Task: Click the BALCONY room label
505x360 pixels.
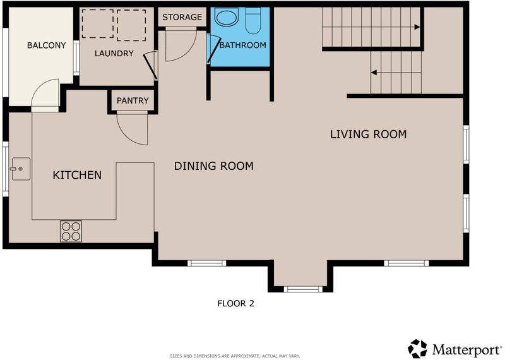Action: point(46,45)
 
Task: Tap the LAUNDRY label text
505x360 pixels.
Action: point(114,54)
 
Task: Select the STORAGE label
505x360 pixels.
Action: point(182,17)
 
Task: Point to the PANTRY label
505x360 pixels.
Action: point(133,100)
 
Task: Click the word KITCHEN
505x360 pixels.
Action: point(77,175)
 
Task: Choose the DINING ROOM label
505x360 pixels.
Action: point(214,166)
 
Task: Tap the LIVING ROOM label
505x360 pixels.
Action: point(368,134)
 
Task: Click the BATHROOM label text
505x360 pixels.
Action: point(243,45)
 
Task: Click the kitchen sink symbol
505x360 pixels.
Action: point(21,169)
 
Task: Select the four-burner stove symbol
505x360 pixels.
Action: point(71,231)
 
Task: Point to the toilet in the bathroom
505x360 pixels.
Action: point(253,20)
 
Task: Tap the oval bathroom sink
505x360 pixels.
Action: point(227,17)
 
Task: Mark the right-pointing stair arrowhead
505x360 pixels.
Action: point(417,27)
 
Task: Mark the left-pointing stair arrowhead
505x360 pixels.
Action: point(374,73)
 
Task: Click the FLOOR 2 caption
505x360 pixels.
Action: point(235,304)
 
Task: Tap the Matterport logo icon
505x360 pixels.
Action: point(417,349)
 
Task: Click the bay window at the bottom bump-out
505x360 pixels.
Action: point(303,289)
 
